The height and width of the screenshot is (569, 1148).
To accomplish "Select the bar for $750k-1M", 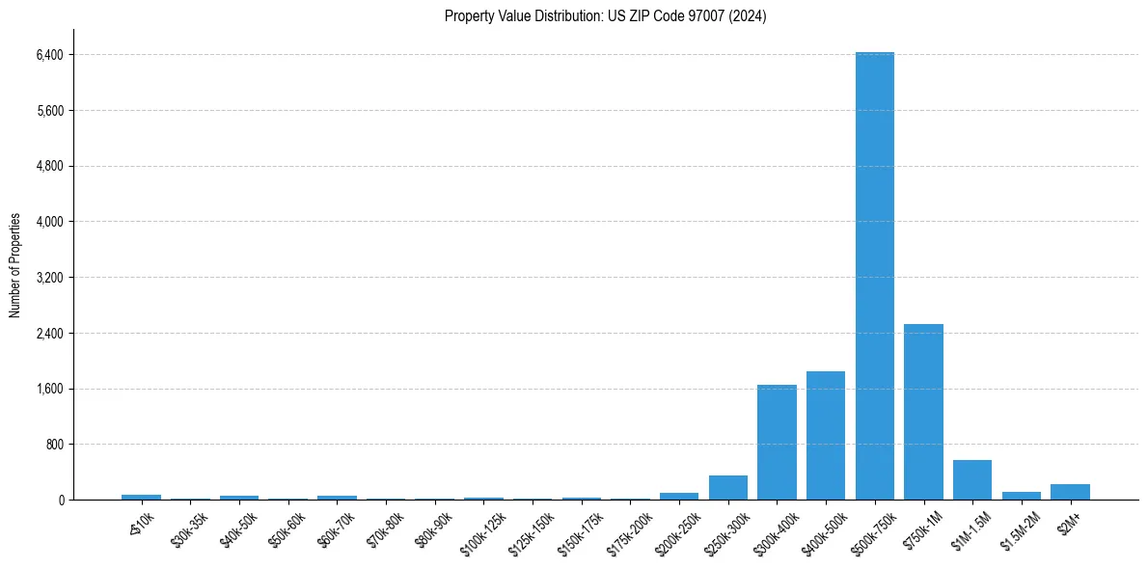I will click(923, 412).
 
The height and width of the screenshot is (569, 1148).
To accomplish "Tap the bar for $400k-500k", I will click(826, 435).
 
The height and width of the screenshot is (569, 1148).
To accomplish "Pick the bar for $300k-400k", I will click(777, 442).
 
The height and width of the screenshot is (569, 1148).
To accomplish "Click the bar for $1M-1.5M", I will click(972, 479).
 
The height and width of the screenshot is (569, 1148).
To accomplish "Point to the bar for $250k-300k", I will click(728, 487).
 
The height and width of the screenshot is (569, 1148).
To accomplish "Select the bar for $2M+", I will click(1070, 492).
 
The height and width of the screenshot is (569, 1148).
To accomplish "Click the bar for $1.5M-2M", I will click(1022, 496).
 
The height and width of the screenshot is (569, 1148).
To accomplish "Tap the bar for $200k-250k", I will click(679, 496).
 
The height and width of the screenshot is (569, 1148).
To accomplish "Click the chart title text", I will click(605, 16).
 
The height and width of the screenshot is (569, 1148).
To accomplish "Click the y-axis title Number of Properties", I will click(15, 265).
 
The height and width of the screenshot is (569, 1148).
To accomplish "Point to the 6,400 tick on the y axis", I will click(49, 55).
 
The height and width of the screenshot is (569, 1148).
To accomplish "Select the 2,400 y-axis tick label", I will click(49, 334).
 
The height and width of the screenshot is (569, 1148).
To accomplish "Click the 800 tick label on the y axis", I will click(54, 445).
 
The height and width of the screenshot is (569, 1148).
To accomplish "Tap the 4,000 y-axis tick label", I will click(49, 222).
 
